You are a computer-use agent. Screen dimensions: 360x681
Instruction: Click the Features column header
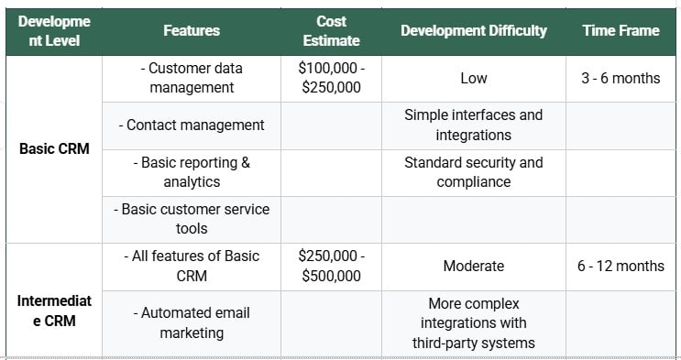(x=192, y=31)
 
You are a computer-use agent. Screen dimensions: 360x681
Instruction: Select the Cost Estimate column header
(x=331, y=31)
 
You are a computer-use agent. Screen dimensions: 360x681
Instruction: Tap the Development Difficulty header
(x=473, y=31)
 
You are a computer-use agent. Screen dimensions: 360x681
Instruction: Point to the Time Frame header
(x=621, y=31)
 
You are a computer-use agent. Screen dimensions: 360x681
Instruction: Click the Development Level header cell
(x=54, y=31)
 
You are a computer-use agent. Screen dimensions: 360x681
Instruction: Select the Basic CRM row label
(x=54, y=148)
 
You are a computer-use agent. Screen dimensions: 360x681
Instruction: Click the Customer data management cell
(x=192, y=78)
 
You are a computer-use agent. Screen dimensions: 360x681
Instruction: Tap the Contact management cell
(x=192, y=125)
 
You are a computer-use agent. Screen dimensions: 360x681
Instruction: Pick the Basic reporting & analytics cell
(x=192, y=172)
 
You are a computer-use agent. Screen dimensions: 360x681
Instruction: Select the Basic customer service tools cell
(x=192, y=219)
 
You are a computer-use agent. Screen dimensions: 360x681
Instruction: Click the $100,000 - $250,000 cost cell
(x=331, y=78)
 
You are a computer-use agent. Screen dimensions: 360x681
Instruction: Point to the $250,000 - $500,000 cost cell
(x=331, y=266)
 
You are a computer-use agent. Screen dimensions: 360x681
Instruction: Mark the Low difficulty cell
(x=473, y=79)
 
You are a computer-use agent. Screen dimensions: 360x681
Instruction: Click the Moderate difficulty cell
(x=473, y=267)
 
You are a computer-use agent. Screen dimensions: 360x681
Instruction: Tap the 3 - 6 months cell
(x=621, y=79)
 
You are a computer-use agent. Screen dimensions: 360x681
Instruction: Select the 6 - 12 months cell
(x=621, y=267)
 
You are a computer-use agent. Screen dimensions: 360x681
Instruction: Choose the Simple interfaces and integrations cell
(x=473, y=125)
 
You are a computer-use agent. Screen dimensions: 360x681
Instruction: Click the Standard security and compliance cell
(x=473, y=172)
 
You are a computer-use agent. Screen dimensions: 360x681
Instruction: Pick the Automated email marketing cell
(x=192, y=322)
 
